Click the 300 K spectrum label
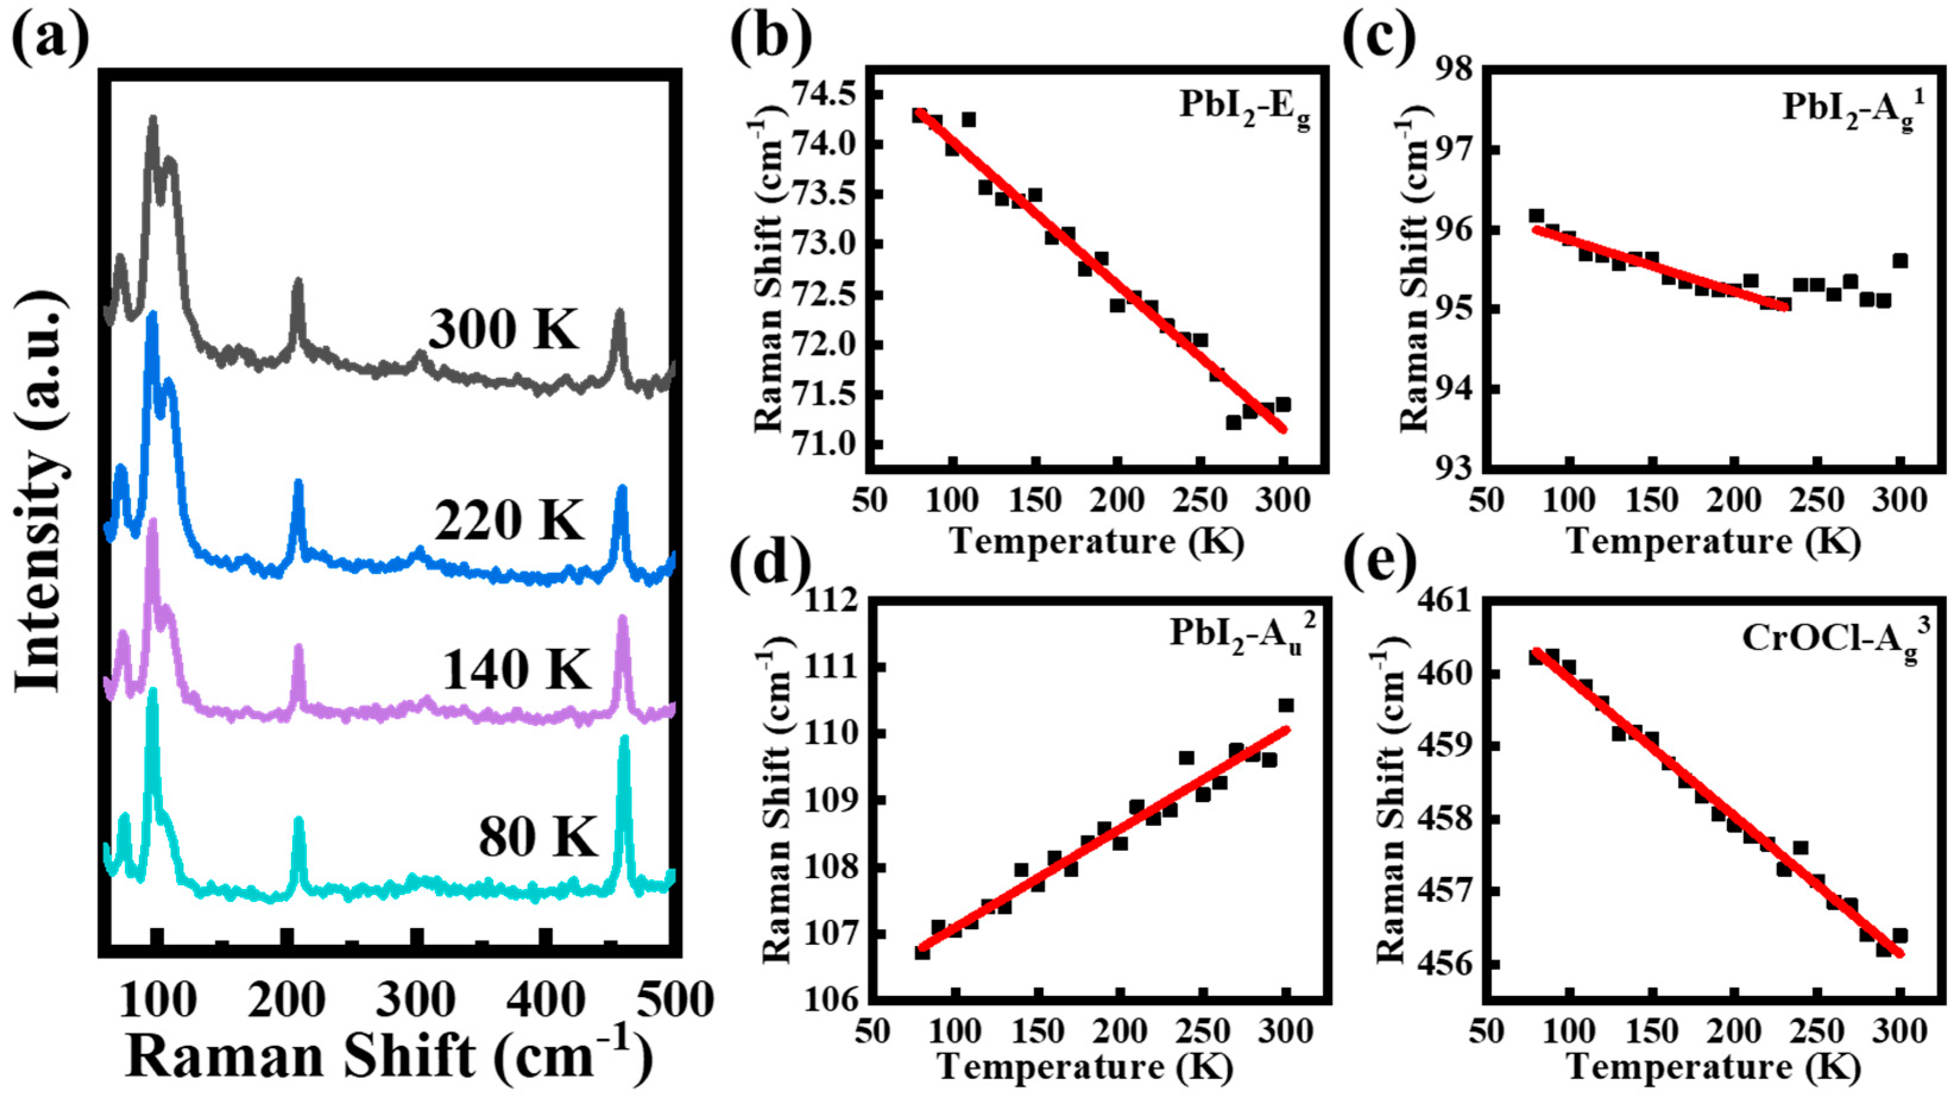click(x=503, y=330)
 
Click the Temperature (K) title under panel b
click(x=1097, y=541)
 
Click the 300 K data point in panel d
click(x=1286, y=706)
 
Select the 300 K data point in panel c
click(x=1901, y=261)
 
